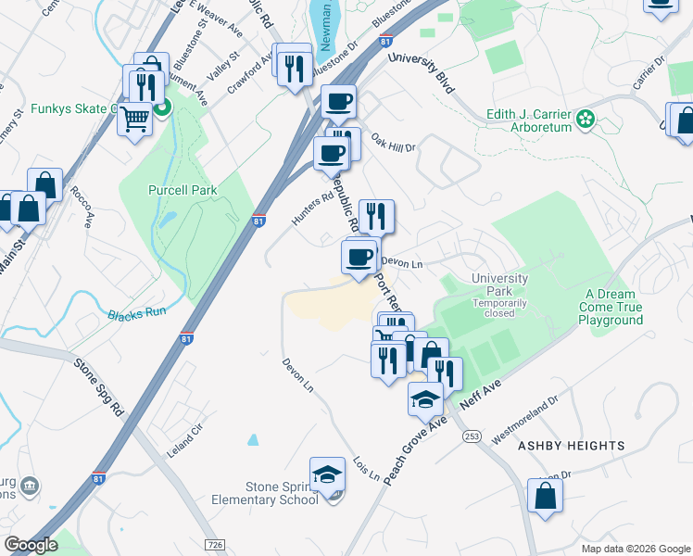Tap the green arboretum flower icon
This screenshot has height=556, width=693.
586,119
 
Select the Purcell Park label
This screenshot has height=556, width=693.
183,190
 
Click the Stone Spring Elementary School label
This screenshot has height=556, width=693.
283,493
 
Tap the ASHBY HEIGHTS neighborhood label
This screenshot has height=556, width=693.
571,446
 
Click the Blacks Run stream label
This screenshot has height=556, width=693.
136,312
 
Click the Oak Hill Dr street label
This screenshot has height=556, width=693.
394,143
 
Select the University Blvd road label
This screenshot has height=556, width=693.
422,72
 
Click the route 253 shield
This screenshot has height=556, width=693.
472,436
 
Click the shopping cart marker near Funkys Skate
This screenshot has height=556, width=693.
135,120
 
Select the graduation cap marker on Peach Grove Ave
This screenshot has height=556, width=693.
425,399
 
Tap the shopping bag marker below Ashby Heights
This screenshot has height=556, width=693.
545,494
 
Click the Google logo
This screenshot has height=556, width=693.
31,544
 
